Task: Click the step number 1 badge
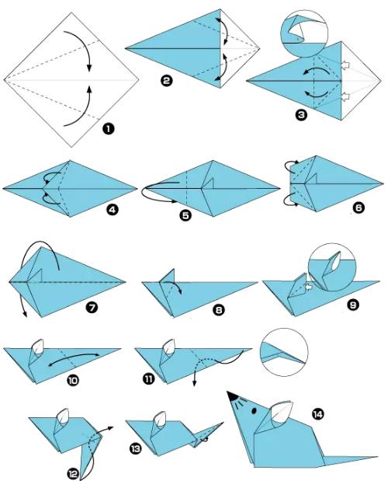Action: click(108, 129)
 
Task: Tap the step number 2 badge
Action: click(166, 81)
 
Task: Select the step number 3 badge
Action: click(301, 115)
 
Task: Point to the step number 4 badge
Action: click(112, 210)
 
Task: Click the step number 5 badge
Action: click(185, 215)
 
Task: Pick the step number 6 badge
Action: click(359, 207)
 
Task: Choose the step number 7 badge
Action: click(92, 308)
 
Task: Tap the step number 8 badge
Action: click(218, 310)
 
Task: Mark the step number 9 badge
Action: click(353, 305)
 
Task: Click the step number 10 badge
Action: click(73, 381)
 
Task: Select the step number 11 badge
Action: click(148, 379)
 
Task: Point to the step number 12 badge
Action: click(74, 474)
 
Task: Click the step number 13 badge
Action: click(135, 449)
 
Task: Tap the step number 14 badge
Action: click(317, 414)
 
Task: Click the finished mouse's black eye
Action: click(255, 410)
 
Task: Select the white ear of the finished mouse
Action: click(281, 412)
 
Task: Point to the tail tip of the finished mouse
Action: click(377, 457)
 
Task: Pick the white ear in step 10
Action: click(39, 347)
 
